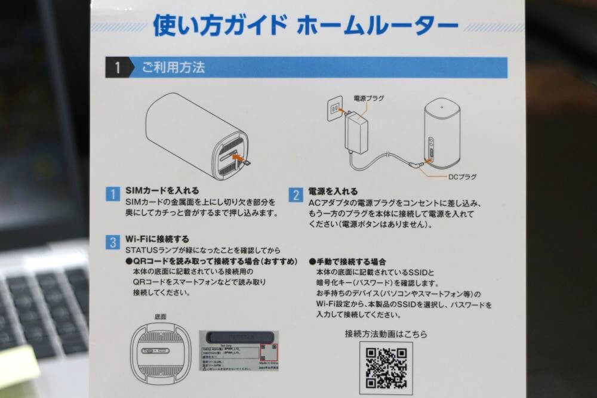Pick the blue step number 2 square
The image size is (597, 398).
tap(296, 195)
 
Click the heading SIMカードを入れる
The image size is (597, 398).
tap(162, 192)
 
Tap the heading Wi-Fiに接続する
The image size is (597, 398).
tap(158, 239)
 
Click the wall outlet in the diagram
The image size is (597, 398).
tap(334, 107)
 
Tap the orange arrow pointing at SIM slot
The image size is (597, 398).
tap(241, 159)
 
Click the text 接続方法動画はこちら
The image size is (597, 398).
tap(386, 334)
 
